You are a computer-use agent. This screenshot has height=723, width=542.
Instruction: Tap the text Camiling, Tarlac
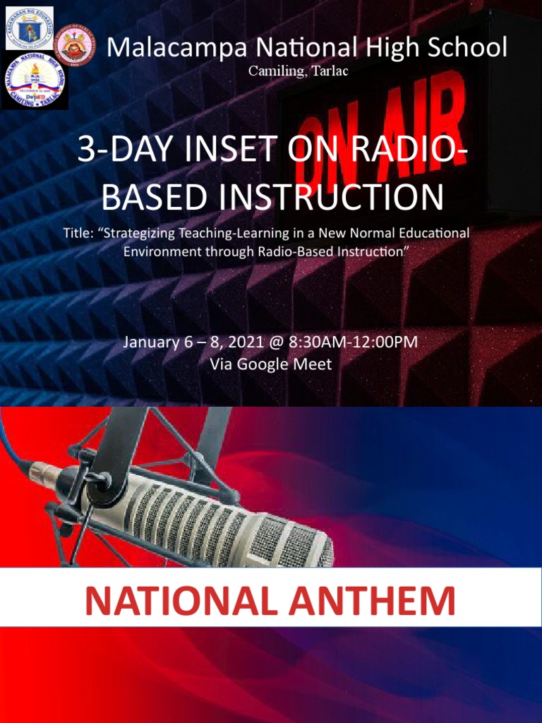[297, 71]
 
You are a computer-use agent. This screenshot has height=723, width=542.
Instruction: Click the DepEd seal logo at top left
[30, 28]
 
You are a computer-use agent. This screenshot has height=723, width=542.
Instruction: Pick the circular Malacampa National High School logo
[34, 83]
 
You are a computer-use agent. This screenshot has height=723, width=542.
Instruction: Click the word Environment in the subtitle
[159, 251]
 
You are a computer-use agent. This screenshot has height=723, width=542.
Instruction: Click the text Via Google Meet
[271, 364]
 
